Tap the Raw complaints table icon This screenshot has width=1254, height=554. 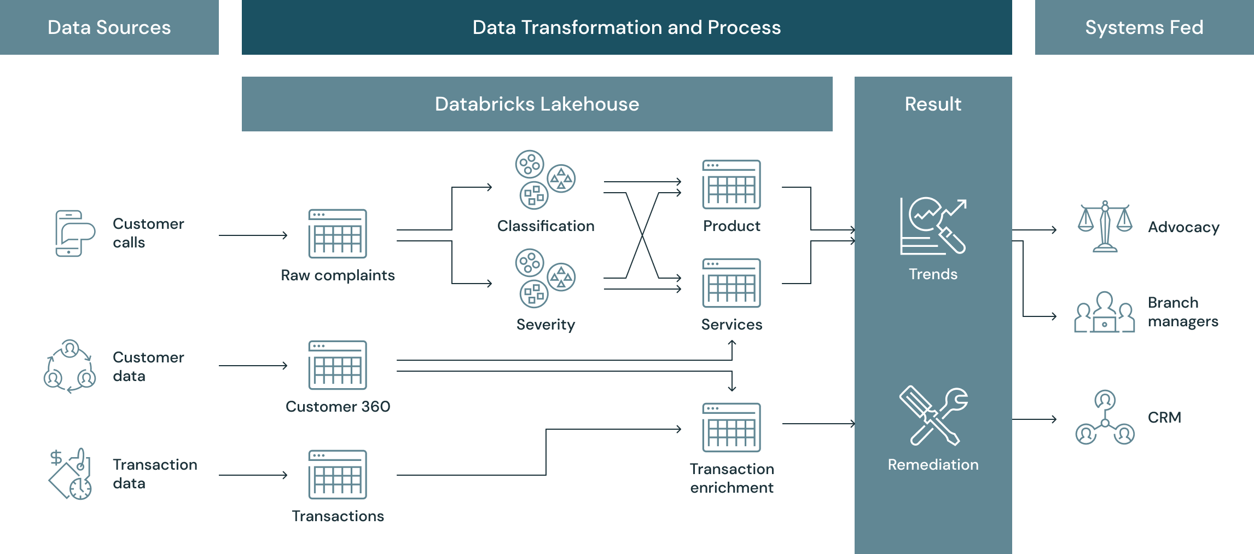(338, 234)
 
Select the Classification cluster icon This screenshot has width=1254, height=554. (545, 180)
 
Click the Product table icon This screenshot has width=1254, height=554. (731, 184)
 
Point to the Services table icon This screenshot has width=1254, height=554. (731, 283)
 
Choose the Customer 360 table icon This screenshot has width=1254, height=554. (338, 365)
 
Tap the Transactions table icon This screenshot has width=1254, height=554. (338, 475)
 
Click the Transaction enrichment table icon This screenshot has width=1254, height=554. (731, 428)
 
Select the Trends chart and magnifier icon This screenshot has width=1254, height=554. (933, 226)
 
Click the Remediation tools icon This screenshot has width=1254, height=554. (933, 417)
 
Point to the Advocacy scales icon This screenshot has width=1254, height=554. (1105, 227)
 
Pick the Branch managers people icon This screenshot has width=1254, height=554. (1105, 312)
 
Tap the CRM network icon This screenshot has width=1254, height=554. (1105, 417)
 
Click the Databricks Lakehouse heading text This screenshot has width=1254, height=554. (537, 104)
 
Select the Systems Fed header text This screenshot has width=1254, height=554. (1144, 27)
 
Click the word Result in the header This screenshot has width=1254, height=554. (933, 104)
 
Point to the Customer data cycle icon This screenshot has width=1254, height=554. (69, 366)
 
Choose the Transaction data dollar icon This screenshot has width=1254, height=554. (70, 474)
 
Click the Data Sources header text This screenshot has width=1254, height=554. (109, 27)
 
